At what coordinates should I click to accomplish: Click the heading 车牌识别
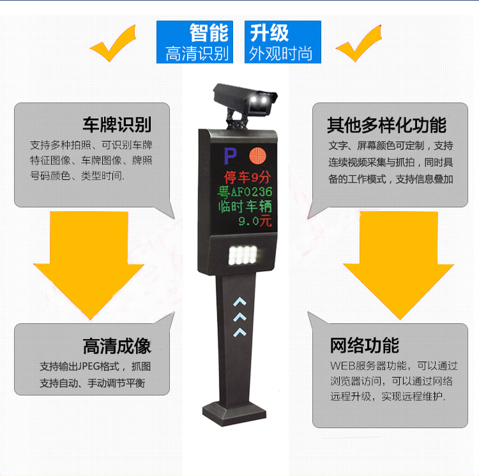[x=117, y=125]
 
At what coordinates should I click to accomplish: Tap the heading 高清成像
[x=117, y=346]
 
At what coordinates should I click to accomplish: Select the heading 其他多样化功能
[x=387, y=125]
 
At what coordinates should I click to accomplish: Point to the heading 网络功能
[x=365, y=345]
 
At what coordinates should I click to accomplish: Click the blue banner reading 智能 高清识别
[x=195, y=42]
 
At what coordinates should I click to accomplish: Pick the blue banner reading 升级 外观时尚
[x=282, y=42]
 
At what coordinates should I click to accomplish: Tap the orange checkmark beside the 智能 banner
[x=114, y=43]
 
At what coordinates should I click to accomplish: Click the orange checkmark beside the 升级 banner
[x=360, y=43]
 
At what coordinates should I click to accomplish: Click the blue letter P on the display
[x=230, y=156]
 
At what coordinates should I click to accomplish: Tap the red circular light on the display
[x=257, y=156]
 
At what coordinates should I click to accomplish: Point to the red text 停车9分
[x=247, y=177]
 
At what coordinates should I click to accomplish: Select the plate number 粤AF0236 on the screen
[x=245, y=192]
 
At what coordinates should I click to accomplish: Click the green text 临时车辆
[x=245, y=206]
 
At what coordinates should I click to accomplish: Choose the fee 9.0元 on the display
[x=255, y=221]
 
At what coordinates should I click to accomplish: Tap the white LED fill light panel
[x=243, y=255]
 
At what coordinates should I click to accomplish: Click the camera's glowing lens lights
[x=260, y=99]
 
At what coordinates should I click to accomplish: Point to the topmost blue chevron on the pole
[x=240, y=301]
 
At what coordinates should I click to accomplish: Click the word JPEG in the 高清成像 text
[x=89, y=366]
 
